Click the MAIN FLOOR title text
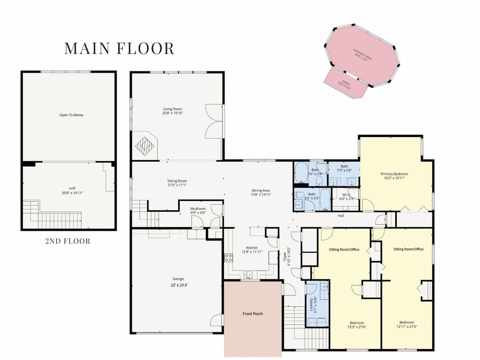(x=119, y=48)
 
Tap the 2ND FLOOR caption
(x=67, y=241)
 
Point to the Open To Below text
(x=71, y=115)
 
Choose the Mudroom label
(x=198, y=211)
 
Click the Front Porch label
(x=252, y=314)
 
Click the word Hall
(x=341, y=216)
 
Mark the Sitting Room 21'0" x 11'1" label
(x=177, y=183)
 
